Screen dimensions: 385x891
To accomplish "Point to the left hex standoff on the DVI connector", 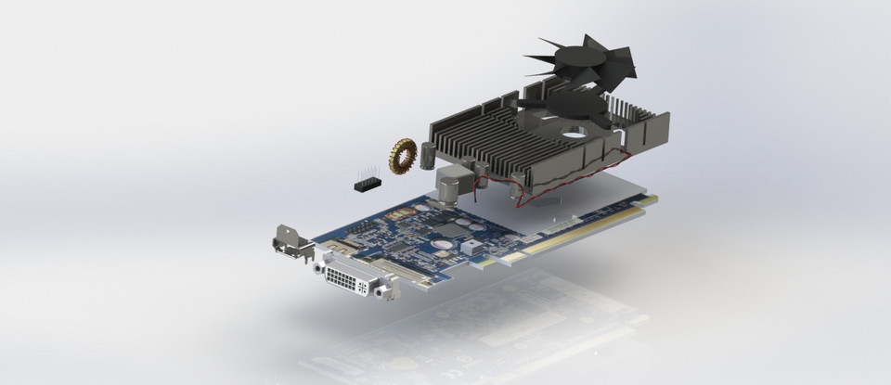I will [x=319, y=267].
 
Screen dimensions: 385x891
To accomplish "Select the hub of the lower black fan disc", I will [x=568, y=106].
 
